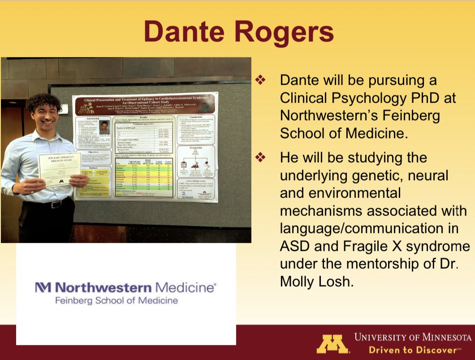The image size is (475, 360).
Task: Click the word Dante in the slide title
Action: tap(181, 32)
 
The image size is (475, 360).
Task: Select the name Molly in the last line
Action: tap(298, 281)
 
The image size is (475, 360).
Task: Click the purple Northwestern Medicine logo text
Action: tap(125, 287)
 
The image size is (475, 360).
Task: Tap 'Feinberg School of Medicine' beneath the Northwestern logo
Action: tap(116, 300)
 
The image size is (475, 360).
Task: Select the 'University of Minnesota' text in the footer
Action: tap(412, 337)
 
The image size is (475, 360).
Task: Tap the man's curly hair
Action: tap(43, 102)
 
